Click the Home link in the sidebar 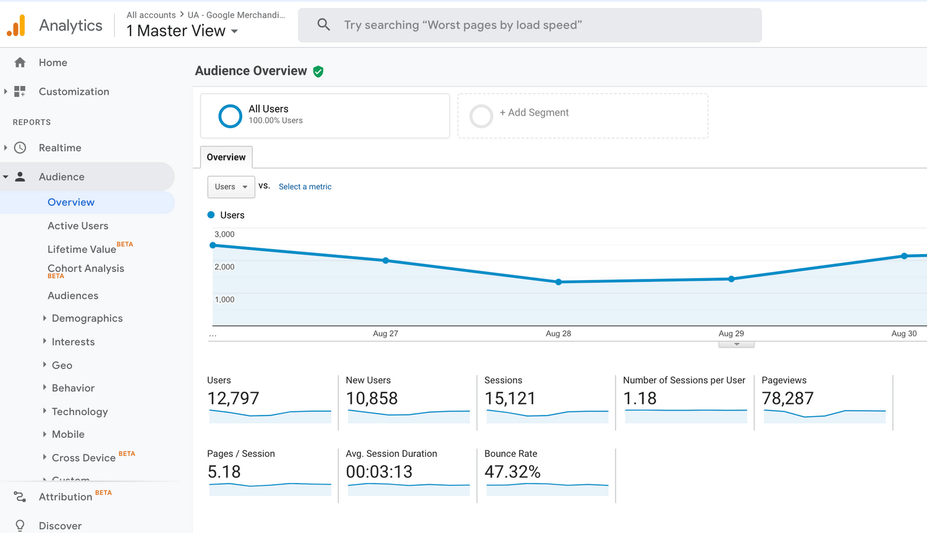point(53,62)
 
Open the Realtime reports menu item point(60,148)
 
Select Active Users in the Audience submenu point(78,226)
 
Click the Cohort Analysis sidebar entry point(86,268)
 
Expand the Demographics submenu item point(87,318)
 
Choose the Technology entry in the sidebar point(80,412)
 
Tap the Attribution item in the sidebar point(66,497)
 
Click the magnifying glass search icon point(323,25)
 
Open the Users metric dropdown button point(231,187)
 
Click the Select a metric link point(305,187)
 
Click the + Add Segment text point(534,113)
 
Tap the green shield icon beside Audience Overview point(318,72)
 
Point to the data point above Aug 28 point(559,282)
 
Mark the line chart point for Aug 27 point(386,260)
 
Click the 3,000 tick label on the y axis point(224,234)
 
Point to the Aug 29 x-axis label point(731,333)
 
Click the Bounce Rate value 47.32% point(512,472)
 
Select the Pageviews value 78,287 point(787,399)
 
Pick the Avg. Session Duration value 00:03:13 point(379,472)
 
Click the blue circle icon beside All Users point(230,116)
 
